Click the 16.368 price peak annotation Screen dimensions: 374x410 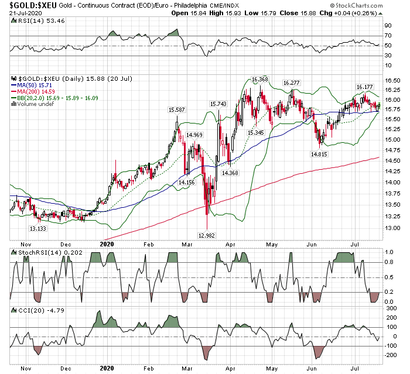tap(259, 78)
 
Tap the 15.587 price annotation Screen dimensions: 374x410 tap(177, 109)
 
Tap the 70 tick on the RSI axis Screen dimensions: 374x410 tap(387, 36)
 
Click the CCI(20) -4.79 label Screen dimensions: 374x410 tap(32, 308)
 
